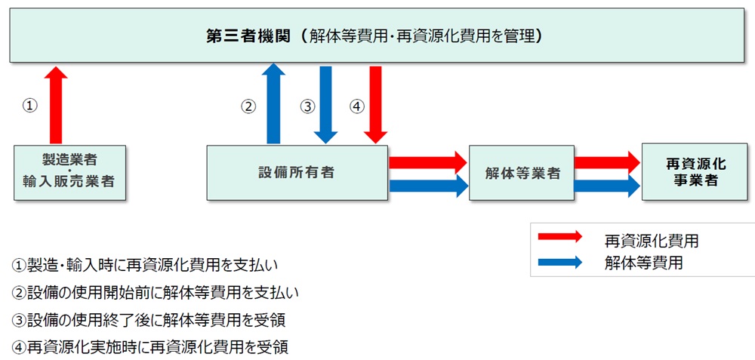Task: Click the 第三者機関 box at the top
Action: pos(377,35)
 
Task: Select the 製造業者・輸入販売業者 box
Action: pos(69,172)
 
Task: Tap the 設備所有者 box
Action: pos(297,172)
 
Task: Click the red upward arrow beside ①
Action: pos(55,105)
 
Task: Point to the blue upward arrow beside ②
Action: pos(273,104)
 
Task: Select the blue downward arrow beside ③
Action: pos(326,104)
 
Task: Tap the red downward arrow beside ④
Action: pos(375,104)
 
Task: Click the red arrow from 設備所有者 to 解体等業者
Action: pos(427,161)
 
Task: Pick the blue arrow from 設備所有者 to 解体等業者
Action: pos(427,185)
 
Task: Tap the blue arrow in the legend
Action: pos(559,263)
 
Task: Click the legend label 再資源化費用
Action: pos(651,241)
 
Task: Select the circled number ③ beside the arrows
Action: pos(307,106)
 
